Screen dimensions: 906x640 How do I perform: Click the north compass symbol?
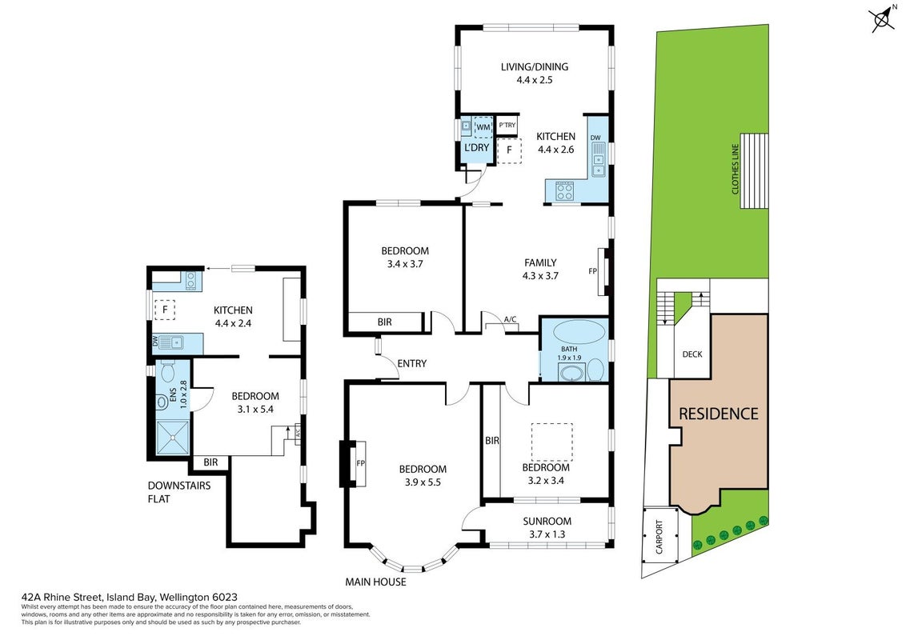[x=882, y=19]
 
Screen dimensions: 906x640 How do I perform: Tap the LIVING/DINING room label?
[x=535, y=66]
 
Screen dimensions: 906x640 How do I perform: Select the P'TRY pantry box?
[x=507, y=125]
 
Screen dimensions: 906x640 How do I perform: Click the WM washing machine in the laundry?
[x=483, y=126]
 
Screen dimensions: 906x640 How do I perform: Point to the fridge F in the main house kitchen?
[x=509, y=150]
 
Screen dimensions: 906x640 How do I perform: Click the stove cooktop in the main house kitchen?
[x=564, y=190]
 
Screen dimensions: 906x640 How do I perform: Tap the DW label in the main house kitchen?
[x=595, y=138]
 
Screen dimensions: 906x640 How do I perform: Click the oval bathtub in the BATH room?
[x=579, y=332]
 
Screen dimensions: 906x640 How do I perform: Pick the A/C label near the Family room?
[x=510, y=319]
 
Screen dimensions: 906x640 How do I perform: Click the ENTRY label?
[x=412, y=363]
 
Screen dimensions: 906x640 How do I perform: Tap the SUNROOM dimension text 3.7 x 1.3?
[x=547, y=534]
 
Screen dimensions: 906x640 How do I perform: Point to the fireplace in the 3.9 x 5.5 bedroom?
[x=352, y=462]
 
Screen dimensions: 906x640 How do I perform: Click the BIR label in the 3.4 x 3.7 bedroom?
[x=384, y=322]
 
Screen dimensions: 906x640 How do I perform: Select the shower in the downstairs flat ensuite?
[x=173, y=438]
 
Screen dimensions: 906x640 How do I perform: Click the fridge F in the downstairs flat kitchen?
[x=165, y=310]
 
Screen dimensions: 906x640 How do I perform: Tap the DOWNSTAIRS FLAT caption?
[x=179, y=491]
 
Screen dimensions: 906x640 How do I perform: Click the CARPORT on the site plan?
[x=659, y=537]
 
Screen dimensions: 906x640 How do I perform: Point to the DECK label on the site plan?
[x=692, y=354]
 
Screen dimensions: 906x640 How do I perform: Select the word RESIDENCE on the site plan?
[x=718, y=414]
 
